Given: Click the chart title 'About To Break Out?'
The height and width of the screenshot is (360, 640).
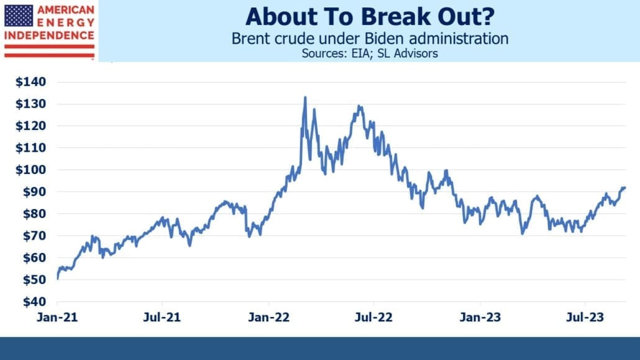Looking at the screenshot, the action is [370, 16].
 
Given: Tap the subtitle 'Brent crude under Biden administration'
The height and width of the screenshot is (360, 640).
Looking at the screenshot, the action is [370, 39].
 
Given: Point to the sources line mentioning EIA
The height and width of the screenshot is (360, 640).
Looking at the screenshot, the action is [370, 53].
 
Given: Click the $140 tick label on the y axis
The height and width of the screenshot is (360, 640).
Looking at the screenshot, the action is [30, 81].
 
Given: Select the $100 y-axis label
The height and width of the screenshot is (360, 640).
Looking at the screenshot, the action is [30, 170].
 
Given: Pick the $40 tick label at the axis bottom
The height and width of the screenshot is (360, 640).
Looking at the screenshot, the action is [34, 302].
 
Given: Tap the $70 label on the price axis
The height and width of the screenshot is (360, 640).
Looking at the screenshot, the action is [34, 236].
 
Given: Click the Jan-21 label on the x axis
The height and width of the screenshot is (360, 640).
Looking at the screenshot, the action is [57, 317].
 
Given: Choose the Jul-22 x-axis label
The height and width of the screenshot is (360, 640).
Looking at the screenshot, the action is [373, 317].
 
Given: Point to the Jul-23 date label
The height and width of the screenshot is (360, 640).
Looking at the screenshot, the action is [585, 317].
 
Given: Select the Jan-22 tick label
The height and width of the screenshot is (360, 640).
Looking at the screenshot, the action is [268, 317].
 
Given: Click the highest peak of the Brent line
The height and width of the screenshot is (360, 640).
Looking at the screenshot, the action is [305, 97].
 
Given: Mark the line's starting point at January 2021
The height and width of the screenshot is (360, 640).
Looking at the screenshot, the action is [58, 279].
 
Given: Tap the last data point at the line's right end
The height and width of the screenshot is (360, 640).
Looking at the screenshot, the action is [624, 188].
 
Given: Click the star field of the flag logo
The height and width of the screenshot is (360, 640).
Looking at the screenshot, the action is [19, 16].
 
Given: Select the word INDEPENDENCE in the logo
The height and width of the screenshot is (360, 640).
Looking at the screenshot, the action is [49, 35].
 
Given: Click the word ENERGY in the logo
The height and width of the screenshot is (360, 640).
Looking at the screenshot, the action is [66, 22].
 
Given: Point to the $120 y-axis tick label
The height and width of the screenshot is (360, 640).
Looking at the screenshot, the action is [30, 126].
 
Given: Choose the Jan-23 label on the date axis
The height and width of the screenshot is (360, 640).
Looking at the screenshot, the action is [480, 317].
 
